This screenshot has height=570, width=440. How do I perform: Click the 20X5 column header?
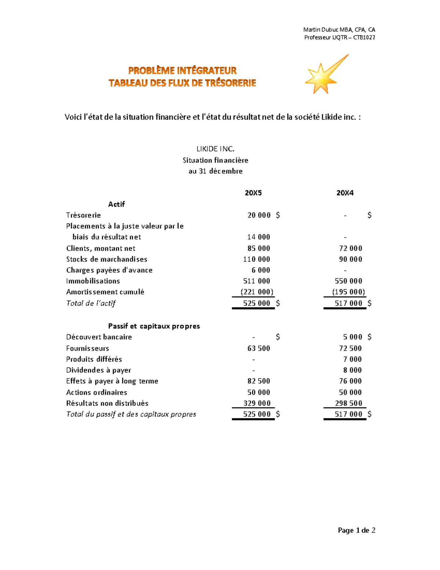point(253,193)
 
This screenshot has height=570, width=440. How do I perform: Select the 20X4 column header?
point(345,193)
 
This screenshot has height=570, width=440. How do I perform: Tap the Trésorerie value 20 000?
point(259,215)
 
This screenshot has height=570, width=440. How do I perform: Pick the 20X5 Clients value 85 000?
point(259,248)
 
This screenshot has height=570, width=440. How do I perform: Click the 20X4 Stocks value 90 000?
point(351,259)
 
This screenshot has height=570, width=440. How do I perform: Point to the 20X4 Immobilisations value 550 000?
point(348,281)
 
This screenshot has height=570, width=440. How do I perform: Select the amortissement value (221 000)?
point(257,292)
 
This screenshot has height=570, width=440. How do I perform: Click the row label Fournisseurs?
point(87,348)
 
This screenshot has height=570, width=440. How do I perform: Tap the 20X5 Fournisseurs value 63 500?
point(259,348)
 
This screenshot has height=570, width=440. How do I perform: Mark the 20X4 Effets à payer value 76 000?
point(351,381)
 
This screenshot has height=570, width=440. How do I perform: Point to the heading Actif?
point(117,204)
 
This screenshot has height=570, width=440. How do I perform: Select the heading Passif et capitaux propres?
point(154,326)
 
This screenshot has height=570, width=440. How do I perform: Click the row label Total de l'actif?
point(91,303)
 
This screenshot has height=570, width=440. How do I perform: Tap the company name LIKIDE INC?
point(215,149)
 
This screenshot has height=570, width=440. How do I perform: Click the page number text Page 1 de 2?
point(356,530)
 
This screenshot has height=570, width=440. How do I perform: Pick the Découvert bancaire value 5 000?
point(352,337)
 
